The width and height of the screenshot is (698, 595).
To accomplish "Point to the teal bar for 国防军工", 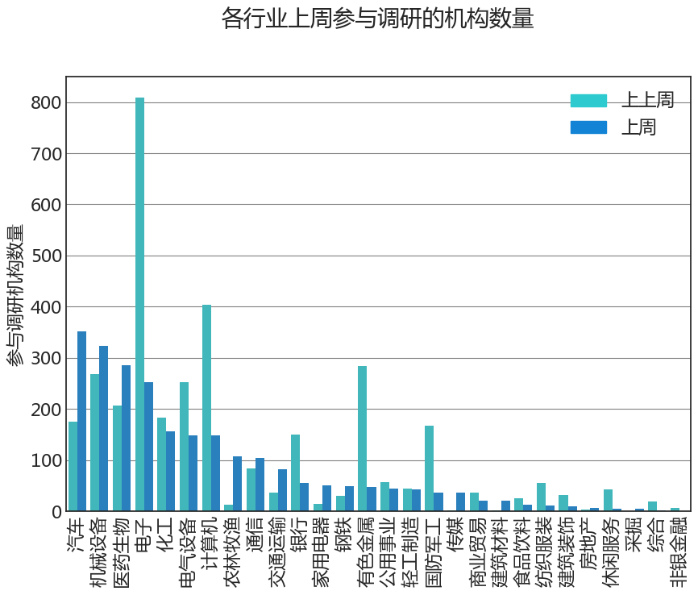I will pos(429,468).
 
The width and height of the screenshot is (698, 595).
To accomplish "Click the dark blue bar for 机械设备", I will pos(104,427).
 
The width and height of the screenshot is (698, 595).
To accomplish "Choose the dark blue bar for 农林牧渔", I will pos(237,484).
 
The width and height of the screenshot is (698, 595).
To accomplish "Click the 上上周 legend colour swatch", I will pos(588,101).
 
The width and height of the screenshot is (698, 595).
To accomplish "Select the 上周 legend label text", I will pos(638,127).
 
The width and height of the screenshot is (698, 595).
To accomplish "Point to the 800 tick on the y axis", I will pos(45,102).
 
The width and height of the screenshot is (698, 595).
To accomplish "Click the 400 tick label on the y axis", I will pos(45,307).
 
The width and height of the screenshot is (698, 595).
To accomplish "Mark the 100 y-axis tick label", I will pos(45,461).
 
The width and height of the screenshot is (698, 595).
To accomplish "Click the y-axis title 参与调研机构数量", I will pos(16,295).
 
